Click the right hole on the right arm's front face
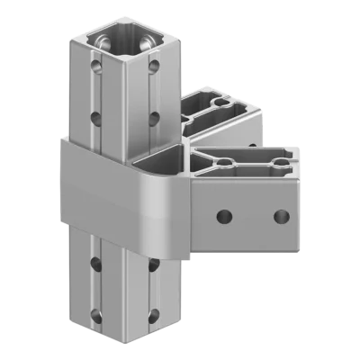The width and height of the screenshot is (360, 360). coord(281,216)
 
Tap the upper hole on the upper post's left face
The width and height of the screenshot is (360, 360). coord(94,67)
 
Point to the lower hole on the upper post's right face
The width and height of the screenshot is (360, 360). coord(154,116)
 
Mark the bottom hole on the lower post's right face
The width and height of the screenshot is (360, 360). coord(153,314)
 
